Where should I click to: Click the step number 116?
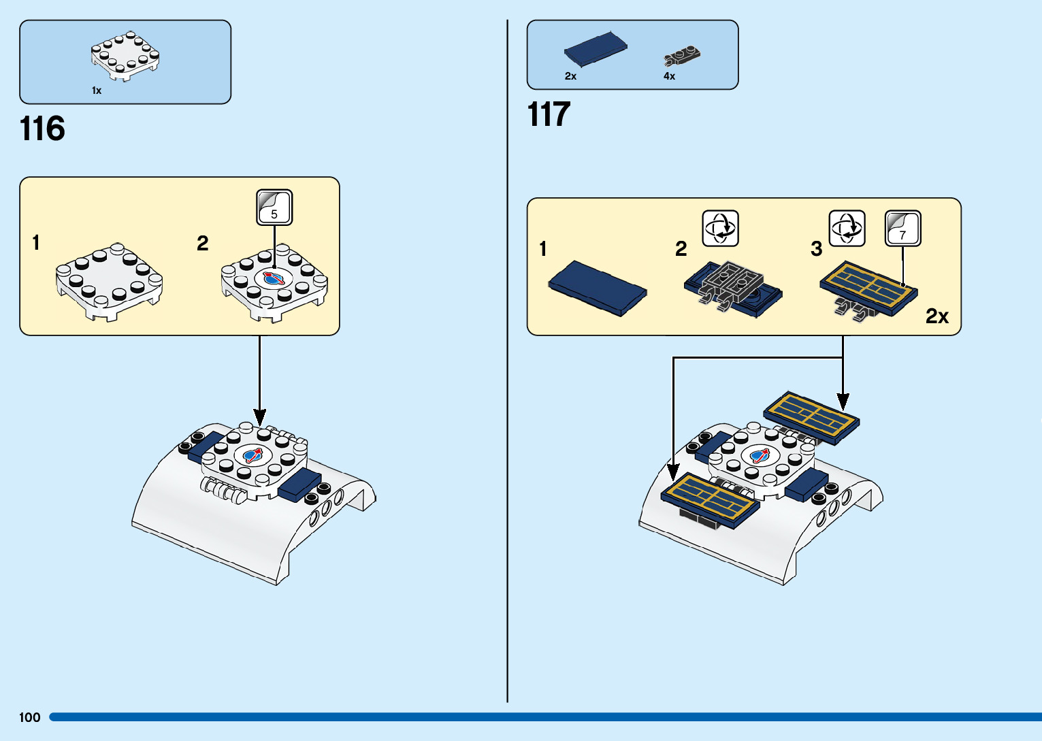click(42, 129)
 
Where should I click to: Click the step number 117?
click(549, 114)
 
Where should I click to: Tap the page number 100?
click(30, 717)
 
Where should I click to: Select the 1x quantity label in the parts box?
click(97, 90)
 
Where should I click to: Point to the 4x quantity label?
click(669, 76)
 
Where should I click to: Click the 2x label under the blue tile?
click(570, 76)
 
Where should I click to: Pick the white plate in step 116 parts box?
click(125, 56)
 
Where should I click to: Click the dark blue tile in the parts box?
click(596, 48)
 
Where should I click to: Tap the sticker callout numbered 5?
click(274, 208)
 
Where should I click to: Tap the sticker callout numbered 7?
click(902, 229)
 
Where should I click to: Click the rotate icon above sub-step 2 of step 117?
click(720, 228)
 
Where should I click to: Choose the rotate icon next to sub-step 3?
click(847, 228)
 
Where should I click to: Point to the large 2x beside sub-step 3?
click(937, 316)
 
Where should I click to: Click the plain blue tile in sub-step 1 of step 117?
click(598, 288)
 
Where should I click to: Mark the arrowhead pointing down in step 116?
click(259, 417)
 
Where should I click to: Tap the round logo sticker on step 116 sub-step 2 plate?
click(274, 278)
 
